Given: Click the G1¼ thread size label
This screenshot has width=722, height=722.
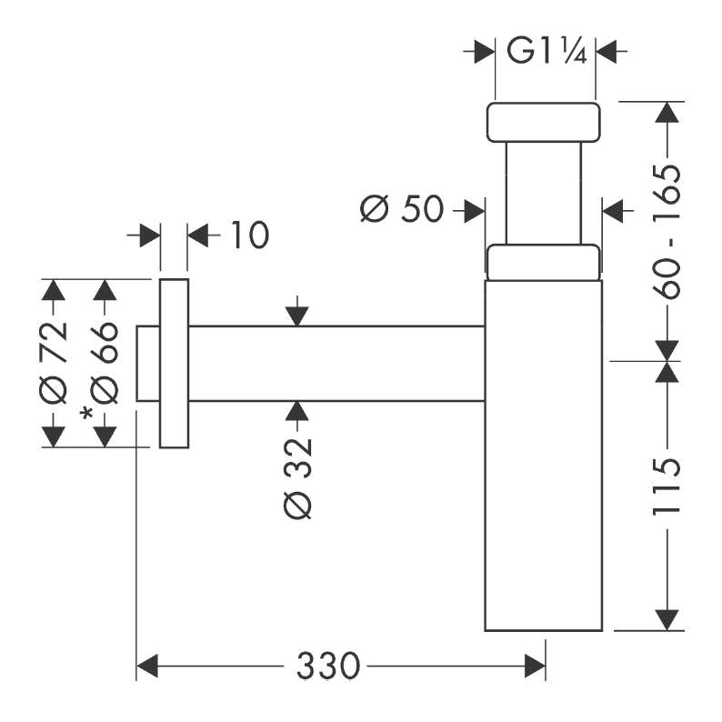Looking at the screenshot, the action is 547,51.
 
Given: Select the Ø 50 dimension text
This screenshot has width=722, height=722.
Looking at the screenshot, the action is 402,209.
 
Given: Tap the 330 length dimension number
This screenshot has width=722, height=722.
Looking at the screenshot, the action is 327,666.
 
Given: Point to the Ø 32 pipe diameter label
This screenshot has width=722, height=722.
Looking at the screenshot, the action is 298,479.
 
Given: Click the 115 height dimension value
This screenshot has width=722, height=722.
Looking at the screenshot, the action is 667,486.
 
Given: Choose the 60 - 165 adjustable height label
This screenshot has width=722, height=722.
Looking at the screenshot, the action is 667,232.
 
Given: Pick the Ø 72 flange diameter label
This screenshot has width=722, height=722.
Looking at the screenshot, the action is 54,363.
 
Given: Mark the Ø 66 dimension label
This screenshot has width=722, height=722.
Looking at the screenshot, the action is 105,363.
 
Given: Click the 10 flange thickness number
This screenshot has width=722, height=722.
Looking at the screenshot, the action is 249,235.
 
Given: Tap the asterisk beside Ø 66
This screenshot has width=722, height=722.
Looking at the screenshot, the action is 86,413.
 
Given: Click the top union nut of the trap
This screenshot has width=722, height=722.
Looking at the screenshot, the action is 544,123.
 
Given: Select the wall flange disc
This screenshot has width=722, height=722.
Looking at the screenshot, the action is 174,364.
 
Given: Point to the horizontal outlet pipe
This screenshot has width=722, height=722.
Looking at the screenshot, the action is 336,364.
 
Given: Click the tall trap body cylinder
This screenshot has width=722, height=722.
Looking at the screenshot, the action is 544,456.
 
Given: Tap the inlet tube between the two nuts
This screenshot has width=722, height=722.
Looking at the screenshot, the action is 544,193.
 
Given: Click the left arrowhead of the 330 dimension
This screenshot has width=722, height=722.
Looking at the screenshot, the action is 147,666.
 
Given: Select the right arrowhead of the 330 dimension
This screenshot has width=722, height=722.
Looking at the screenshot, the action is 535,666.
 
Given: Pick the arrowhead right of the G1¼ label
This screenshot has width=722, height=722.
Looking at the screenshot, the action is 607,51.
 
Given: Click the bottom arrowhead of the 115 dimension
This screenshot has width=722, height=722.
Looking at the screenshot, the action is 667,620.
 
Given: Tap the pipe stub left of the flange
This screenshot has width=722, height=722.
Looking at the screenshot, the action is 148,364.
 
